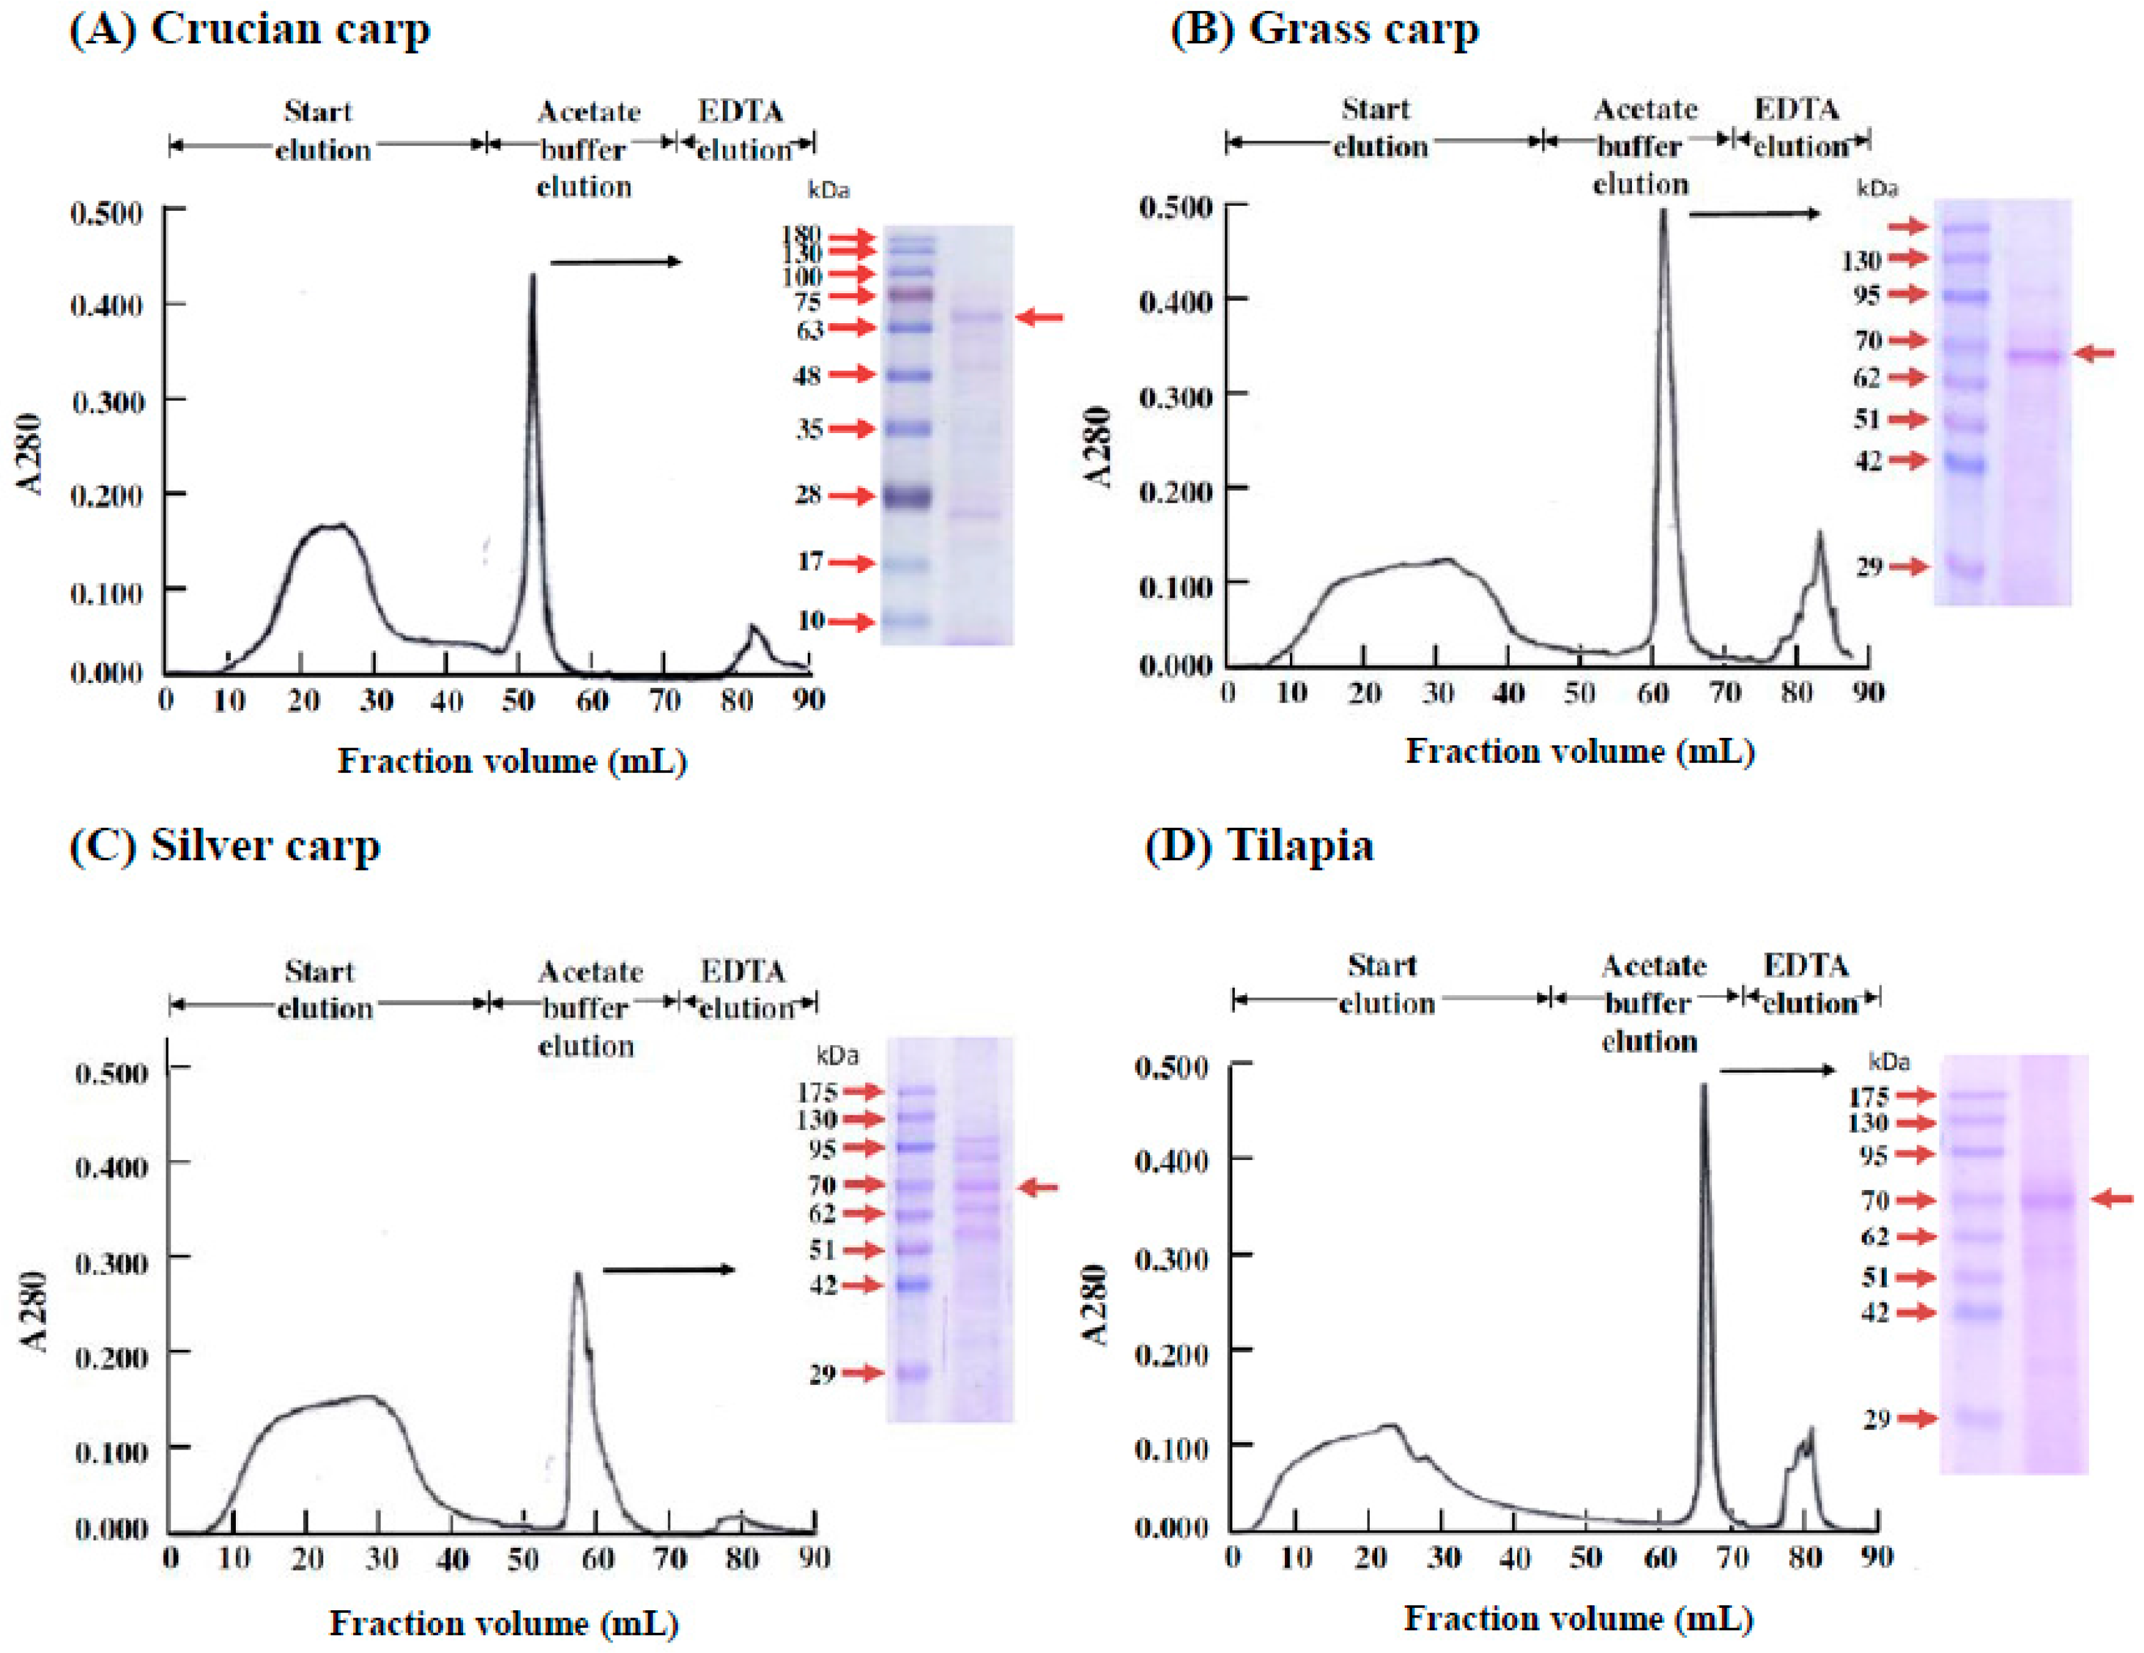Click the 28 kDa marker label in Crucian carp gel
pyautogui.click(x=808, y=495)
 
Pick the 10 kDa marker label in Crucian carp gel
pyautogui.click(x=811, y=621)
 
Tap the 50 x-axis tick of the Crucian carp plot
pyautogui.click(x=518, y=701)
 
